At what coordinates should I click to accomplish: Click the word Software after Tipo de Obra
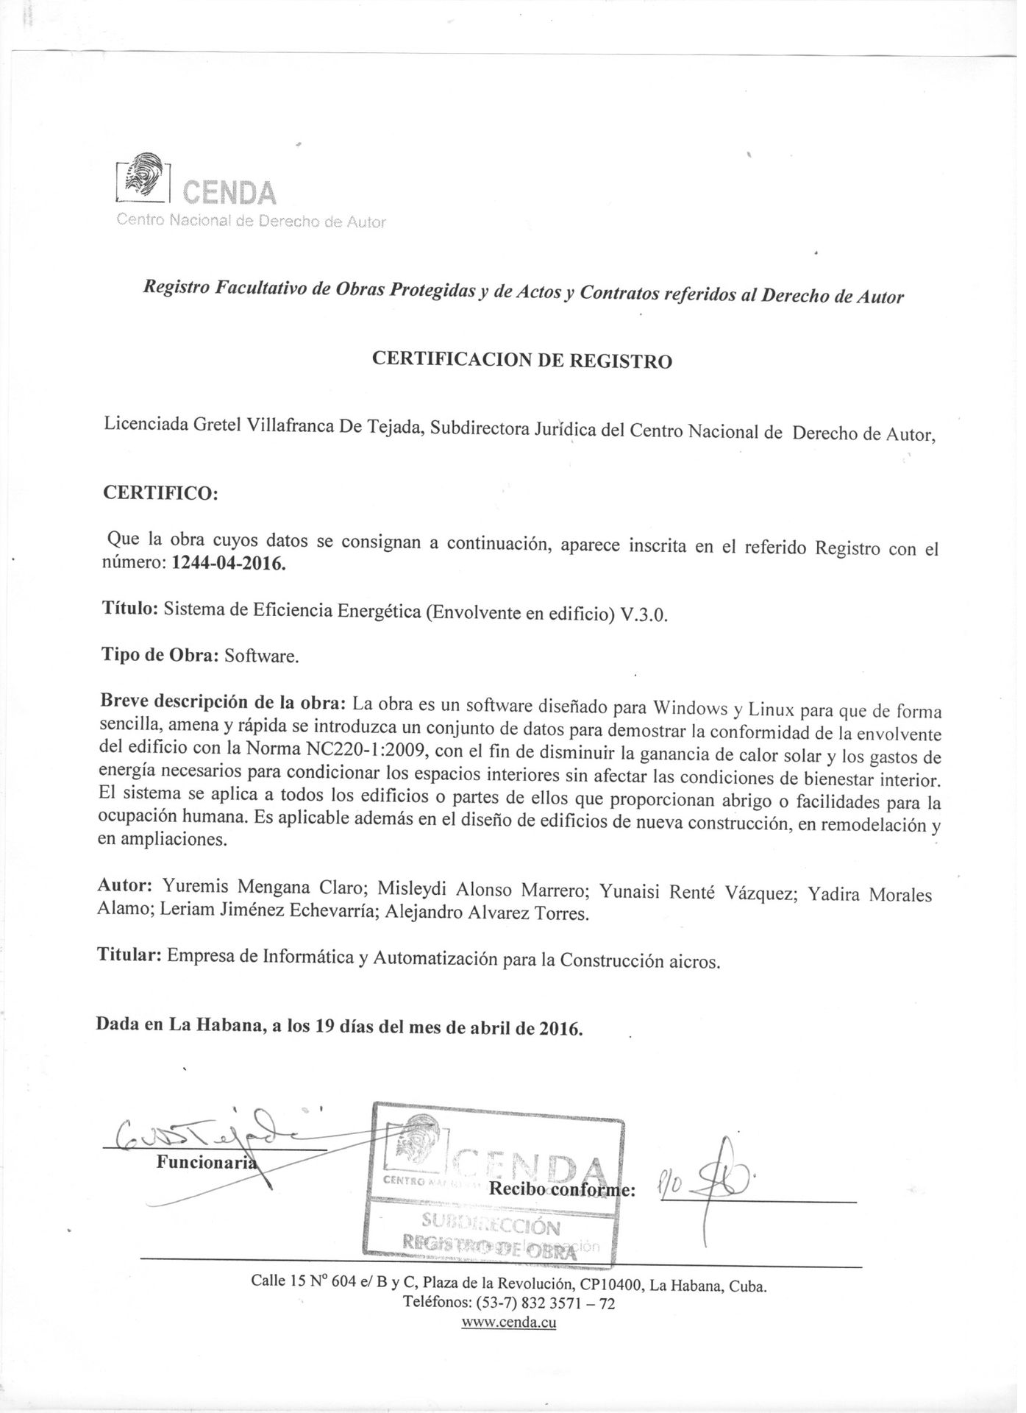(x=262, y=656)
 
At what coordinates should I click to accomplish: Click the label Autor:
(x=125, y=887)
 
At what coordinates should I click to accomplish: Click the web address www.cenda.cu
(x=508, y=1322)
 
